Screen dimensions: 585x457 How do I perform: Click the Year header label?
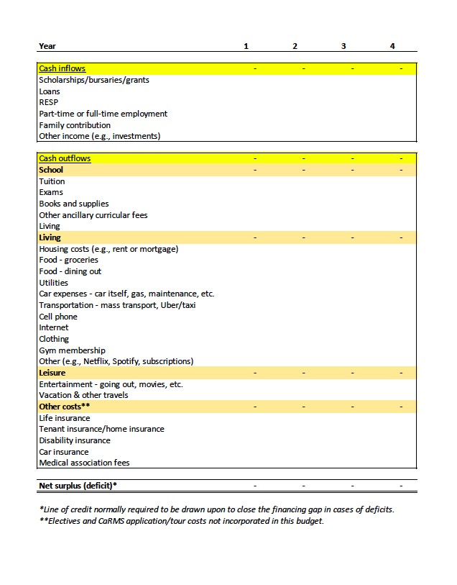click(47, 46)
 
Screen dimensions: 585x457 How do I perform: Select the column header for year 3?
click(343, 46)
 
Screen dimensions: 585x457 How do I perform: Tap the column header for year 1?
click(246, 46)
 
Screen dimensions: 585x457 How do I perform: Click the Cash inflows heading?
click(62, 68)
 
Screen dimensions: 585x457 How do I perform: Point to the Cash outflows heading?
click(65, 158)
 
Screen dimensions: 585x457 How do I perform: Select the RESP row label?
click(48, 102)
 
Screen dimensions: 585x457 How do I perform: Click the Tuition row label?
click(52, 181)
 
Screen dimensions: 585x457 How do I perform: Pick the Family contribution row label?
click(75, 125)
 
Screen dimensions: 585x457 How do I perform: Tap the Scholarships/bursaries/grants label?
click(94, 80)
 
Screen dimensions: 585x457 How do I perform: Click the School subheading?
click(51, 170)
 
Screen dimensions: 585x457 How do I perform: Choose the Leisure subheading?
click(52, 373)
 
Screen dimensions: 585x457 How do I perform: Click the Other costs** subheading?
click(64, 407)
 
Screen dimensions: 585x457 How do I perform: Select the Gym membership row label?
click(72, 350)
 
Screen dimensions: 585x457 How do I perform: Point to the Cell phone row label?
click(57, 317)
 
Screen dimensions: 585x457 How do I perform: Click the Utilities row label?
click(53, 283)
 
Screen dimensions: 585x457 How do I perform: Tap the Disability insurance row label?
click(75, 440)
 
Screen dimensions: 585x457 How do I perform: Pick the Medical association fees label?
click(84, 463)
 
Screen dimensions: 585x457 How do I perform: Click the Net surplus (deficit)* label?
click(78, 486)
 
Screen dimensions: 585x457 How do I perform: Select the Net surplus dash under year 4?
click(401, 486)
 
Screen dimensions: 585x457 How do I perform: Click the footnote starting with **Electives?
click(181, 521)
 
